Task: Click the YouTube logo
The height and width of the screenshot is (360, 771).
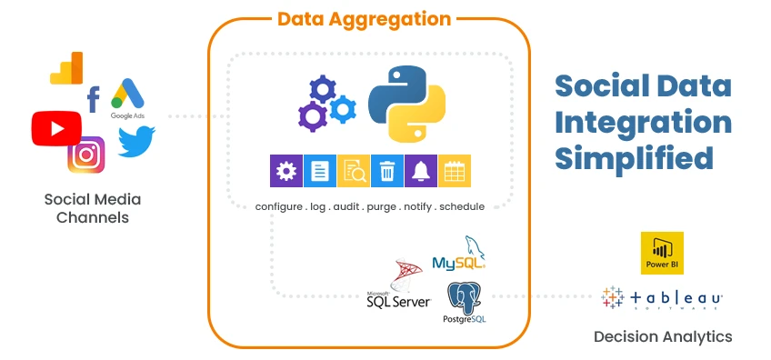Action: (56, 127)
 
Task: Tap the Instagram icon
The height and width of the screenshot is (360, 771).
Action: (86, 154)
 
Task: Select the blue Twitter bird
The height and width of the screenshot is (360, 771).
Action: (136, 141)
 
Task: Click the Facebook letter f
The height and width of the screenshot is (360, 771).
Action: (93, 100)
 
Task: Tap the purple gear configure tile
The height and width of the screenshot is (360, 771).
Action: (285, 170)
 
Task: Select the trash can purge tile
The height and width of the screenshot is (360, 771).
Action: (386, 170)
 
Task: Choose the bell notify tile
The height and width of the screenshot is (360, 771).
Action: (420, 170)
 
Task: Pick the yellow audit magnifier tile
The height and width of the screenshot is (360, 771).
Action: (353, 170)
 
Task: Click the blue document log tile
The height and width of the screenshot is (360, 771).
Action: (319, 170)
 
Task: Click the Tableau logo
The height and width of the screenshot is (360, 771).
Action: (662, 298)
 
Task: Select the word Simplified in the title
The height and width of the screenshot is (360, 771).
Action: (634, 157)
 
